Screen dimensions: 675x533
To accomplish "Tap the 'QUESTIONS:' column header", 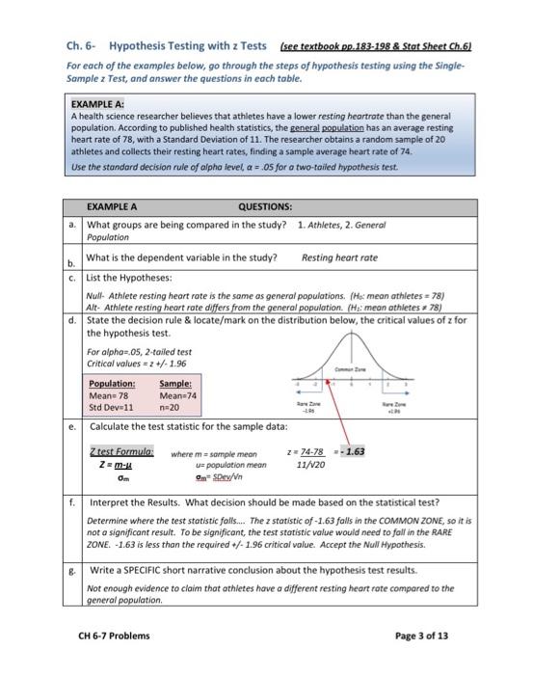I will click(265, 205).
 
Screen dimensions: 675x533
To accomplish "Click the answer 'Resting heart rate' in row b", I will click(339, 257).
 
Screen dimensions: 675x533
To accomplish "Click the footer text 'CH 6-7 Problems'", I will click(114, 635).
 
